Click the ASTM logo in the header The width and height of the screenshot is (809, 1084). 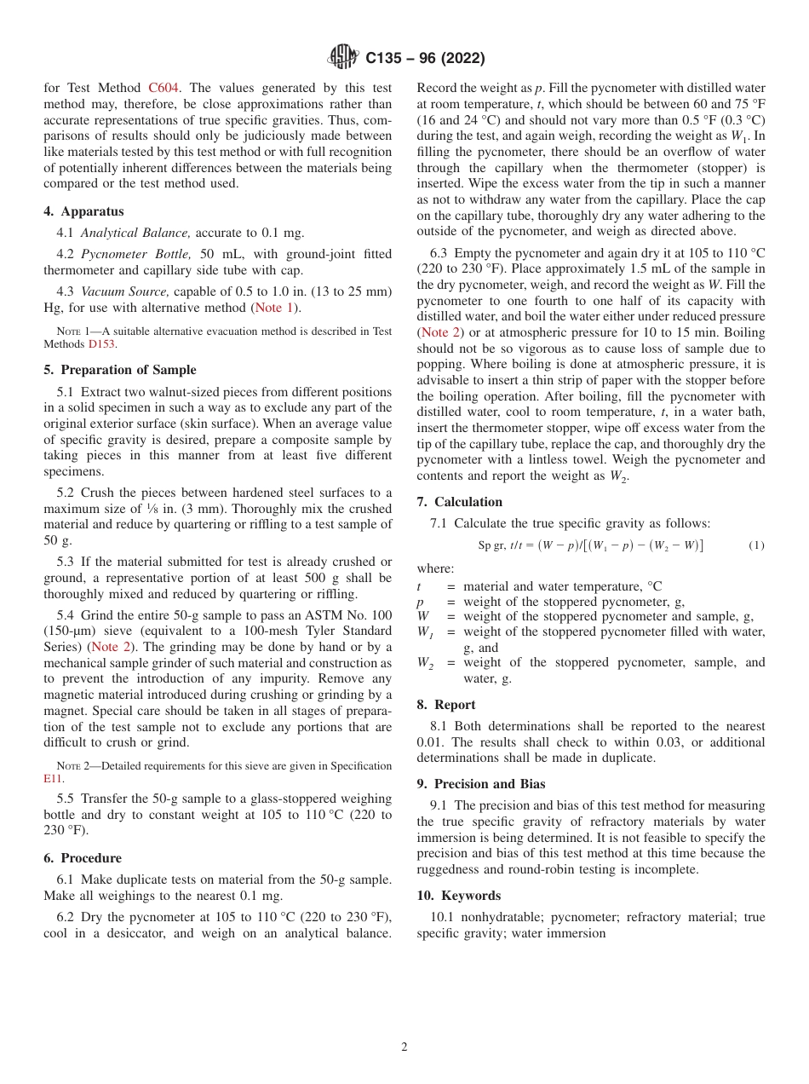[x=344, y=58]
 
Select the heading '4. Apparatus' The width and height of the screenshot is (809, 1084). [x=83, y=211]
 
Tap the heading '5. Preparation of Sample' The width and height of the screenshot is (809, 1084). [x=120, y=370]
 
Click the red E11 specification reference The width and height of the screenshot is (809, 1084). [x=52, y=778]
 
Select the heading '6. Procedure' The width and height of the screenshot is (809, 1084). [x=83, y=858]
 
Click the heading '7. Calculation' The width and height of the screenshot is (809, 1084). [x=460, y=502]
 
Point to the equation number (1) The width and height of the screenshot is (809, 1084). [x=756, y=545]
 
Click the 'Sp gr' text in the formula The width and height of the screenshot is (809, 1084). [x=491, y=545]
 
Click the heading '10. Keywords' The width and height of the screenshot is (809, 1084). [x=459, y=896]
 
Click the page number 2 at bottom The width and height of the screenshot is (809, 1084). [x=404, y=1047]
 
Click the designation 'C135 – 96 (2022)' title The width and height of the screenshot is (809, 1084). [x=425, y=58]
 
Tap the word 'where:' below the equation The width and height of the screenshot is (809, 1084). [x=435, y=568]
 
